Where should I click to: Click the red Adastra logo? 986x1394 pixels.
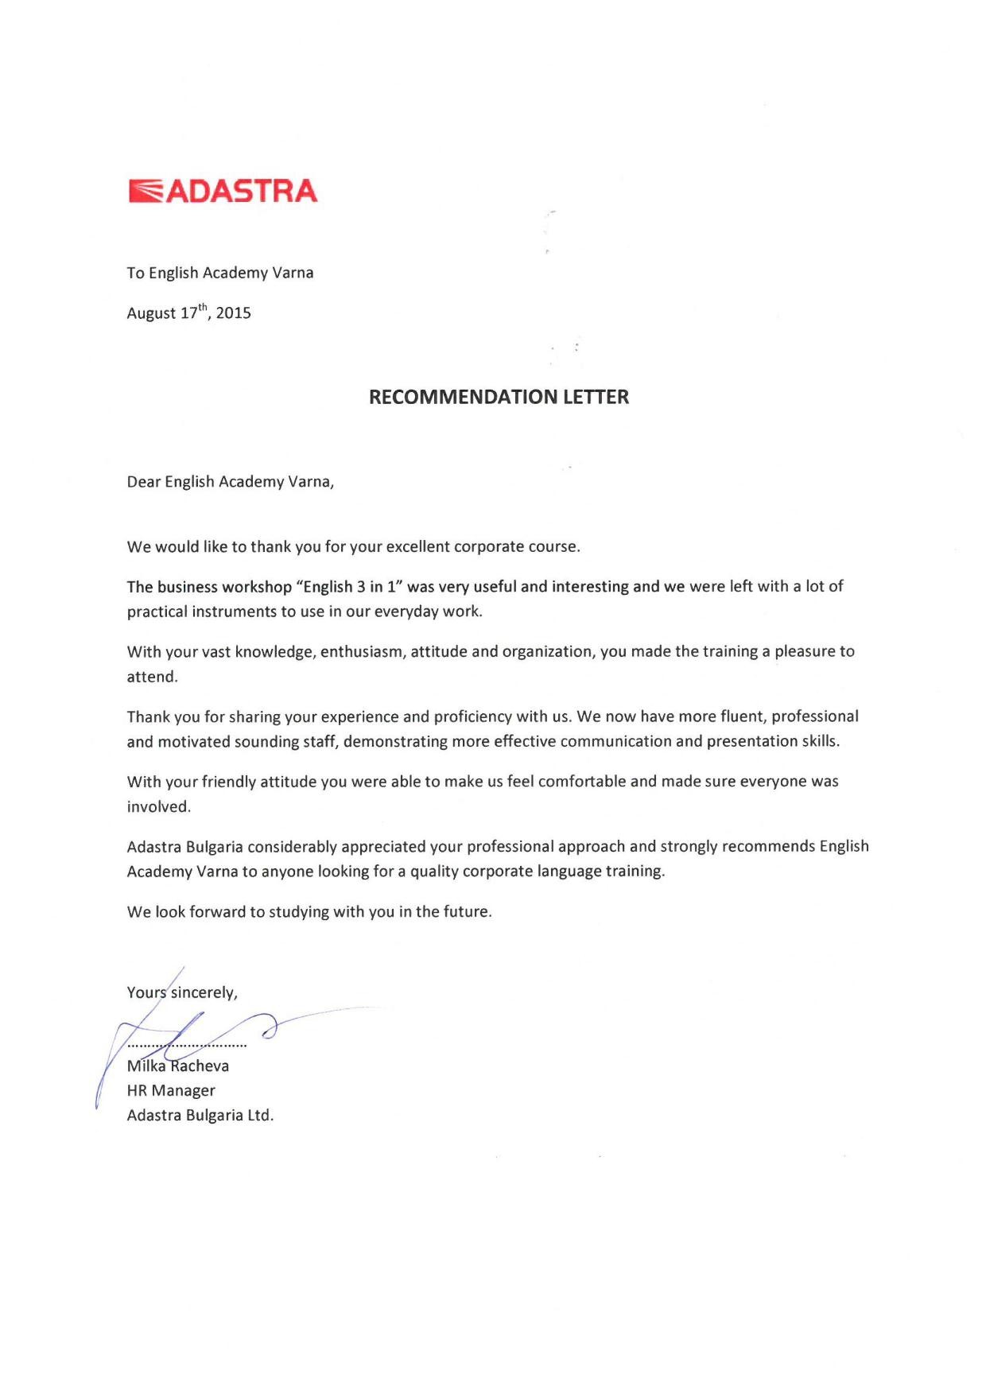tap(223, 191)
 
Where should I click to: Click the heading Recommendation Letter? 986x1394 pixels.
tap(499, 397)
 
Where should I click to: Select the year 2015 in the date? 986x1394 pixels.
tap(233, 313)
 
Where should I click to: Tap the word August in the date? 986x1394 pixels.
tap(151, 313)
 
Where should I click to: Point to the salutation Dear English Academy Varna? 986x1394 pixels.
tap(230, 482)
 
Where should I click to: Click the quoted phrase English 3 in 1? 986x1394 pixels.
tap(347, 587)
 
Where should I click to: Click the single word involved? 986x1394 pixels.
tap(158, 807)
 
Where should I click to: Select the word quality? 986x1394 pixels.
tap(434, 872)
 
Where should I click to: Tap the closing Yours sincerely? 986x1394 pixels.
tap(182, 992)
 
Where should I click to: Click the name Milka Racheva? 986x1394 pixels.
tap(178, 1066)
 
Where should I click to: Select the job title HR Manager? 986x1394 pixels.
tap(171, 1091)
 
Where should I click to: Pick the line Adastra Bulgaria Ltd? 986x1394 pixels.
tap(200, 1116)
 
